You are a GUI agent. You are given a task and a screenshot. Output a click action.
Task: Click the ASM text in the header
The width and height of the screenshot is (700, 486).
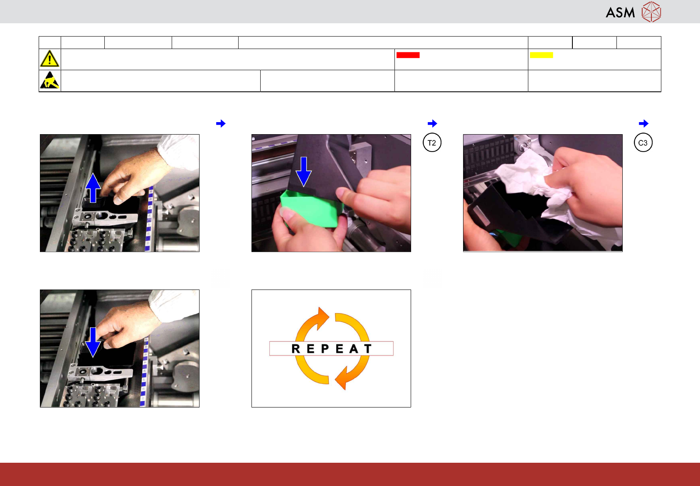tap(620, 12)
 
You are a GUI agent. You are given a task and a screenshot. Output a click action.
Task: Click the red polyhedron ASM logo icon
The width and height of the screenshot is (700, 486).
tap(651, 12)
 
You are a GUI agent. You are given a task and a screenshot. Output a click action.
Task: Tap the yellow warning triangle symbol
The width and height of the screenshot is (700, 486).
tap(49, 59)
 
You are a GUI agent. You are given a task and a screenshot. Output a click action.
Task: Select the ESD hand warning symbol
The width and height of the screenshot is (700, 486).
tap(50, 80)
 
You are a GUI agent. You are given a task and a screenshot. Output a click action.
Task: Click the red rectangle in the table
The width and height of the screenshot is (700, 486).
tap(408, 55)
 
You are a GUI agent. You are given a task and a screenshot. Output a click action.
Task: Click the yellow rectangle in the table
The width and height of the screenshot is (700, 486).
tap(541, 55)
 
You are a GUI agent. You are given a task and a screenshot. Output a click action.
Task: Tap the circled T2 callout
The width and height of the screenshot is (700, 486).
tap(432, 143)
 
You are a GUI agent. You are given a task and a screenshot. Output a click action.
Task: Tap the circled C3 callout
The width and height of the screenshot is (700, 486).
tap(643, 143)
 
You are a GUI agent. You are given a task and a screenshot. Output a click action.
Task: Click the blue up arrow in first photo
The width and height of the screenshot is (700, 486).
tap(93, 188)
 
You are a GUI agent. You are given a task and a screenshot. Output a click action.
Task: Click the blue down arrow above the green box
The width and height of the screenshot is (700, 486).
tap(303, 172)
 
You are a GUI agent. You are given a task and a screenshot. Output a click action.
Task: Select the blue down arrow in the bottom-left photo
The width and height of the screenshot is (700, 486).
tap(93, 342)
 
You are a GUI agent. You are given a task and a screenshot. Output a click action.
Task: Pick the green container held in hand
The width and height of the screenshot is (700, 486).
tap(311, 207)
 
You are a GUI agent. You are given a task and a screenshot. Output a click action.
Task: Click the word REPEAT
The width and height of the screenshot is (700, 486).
tap(331, 349)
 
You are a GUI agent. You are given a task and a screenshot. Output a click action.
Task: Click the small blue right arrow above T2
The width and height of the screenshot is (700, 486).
tap(432, 123)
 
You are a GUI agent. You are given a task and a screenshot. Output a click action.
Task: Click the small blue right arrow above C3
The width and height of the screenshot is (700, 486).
tap(643, 123)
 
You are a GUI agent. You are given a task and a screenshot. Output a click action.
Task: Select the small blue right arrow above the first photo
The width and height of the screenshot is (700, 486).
tap(221, 123)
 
